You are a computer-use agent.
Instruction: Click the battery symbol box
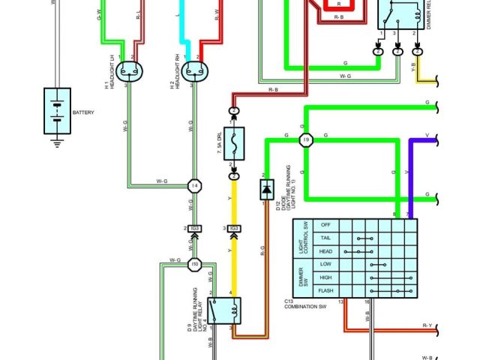pos(58,111)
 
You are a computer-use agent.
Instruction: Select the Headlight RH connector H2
pos(194,71)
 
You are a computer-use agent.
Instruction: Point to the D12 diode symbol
pos(265,190)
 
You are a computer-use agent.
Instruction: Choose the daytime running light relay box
pos(224,309)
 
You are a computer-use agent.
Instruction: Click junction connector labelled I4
pos(194,185)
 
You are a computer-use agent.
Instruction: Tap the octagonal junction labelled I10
pos(194,264)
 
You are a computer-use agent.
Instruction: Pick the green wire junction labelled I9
pos(305,140)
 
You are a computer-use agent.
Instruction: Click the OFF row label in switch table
pos(326,225)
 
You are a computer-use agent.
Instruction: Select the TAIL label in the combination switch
pos(326,238)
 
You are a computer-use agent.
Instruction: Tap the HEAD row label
pos(326,251)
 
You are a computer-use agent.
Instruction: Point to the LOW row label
pos(326,264)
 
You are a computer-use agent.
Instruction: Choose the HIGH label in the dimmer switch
pos(326,277)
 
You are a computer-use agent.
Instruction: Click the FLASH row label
pos(326,289)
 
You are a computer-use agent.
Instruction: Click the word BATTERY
pos(83,112)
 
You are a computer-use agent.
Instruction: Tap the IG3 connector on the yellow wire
pos(234,228)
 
